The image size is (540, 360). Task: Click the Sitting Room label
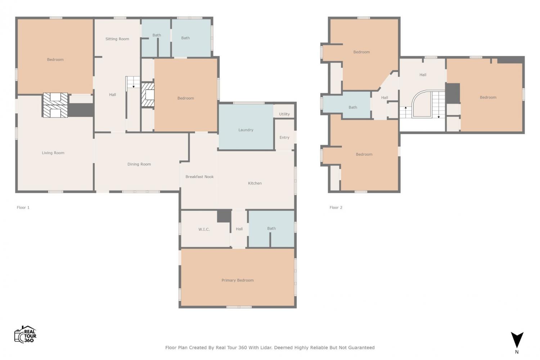click(x=117, y=39)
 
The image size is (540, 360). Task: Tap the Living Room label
click(x=53, y=153)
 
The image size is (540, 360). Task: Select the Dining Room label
click(x=139, y=164)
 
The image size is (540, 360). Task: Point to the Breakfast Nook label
click(x=199, y=177)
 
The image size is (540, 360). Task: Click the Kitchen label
click(x=255, y=183)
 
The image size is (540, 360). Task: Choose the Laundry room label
click(x=246, y=130)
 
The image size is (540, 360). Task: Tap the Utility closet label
click(x=284, y=114)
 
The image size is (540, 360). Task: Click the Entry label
click(x=284, y=138)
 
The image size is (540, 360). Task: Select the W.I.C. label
click(x=204, y=229)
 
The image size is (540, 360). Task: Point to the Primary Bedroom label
click(x=238, y=280)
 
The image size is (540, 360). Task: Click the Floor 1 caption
click(x=23, y=207)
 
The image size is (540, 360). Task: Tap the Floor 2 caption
click(x=336, y=207)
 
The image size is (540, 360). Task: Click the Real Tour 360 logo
click(x=25, y=334)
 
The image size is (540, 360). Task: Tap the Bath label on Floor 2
click(x=353, y=107)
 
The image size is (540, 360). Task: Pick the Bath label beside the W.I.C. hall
click(x=271, y=228)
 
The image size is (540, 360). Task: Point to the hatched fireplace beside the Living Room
click(x=55, y=105)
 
